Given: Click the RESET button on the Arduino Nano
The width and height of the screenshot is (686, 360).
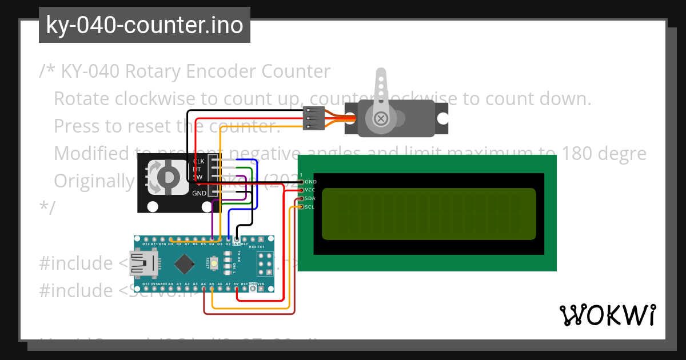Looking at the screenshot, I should pos(215,263).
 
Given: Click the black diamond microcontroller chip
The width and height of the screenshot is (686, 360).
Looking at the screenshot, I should pos(184,263).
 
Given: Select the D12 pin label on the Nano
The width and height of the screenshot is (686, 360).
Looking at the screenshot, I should pos(146,244).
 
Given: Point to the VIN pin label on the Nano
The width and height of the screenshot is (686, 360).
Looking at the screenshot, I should pos(261,283).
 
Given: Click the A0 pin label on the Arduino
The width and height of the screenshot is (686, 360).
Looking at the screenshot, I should pos(170,283).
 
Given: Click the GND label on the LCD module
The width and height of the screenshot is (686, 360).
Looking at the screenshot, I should pos(311,182).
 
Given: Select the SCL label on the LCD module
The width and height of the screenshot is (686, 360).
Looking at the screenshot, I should pos(309,206).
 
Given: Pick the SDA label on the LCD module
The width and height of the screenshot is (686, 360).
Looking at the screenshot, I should pos(309,198).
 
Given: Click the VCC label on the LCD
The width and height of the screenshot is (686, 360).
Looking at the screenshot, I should pos(310,190).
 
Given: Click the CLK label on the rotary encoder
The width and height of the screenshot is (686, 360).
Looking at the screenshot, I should pos(199,161).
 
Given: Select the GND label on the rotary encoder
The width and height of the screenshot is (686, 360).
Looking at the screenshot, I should pos(199,193).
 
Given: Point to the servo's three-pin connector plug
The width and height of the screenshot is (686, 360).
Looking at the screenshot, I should pos(314,118).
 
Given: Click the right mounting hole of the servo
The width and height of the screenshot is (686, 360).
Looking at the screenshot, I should pos(444,119).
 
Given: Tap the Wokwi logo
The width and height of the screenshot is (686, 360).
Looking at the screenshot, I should pos(607,314).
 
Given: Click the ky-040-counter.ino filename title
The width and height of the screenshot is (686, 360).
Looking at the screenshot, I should pos(144,25).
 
